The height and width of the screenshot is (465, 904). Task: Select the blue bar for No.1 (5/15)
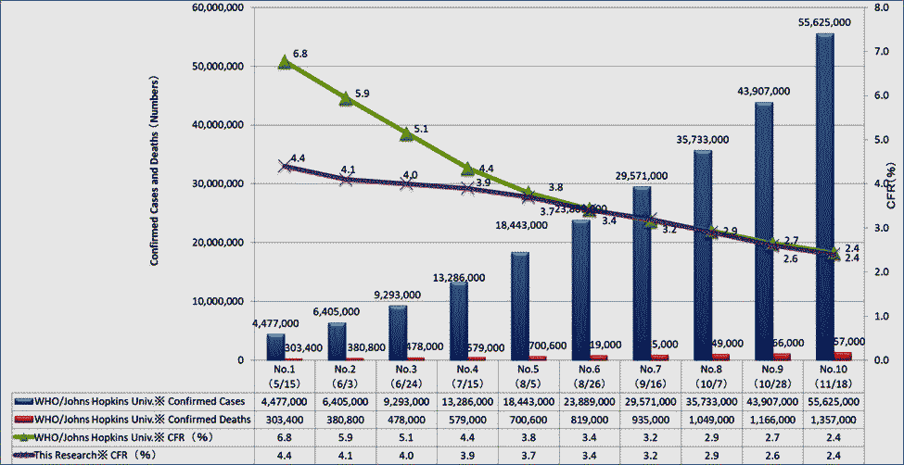[x=275, y=346]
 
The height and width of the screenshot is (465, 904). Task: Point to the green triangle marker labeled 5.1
[x=406, y=134]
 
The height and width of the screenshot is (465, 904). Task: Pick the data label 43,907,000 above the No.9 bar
[x=762, y=91]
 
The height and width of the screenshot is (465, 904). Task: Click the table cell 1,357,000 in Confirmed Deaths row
[x=834, y=418]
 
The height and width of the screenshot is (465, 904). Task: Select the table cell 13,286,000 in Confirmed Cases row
[x=467, y=402]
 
